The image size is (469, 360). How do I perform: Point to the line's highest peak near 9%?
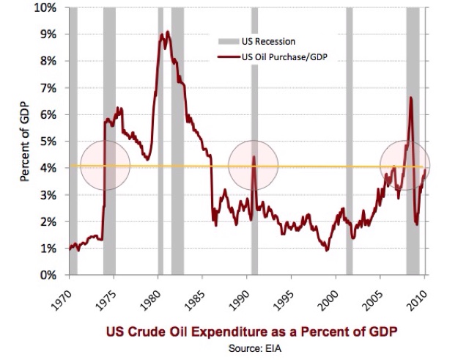pos(168,32)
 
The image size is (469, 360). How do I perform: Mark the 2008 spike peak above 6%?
pos(411,98)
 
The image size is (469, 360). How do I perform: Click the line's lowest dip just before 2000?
pos(327,250)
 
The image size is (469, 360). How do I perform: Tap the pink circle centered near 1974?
pos(105,165)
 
